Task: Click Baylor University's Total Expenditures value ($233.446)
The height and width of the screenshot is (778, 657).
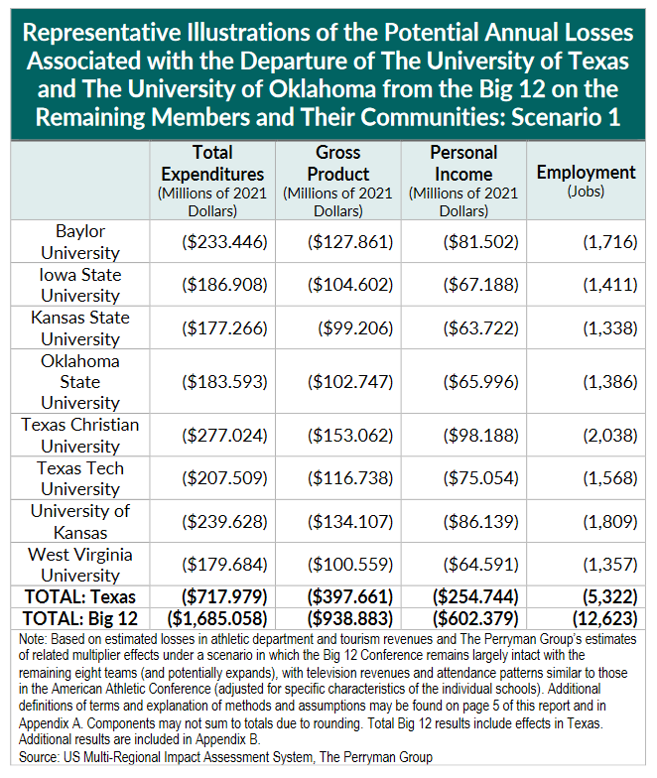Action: [225, 242]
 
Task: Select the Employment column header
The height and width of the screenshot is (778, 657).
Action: [586, 173]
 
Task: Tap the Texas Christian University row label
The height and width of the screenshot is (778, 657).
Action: [80, 435]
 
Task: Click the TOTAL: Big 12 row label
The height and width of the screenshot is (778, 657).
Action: [80, 618]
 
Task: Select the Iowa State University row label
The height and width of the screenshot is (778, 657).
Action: [80, 285]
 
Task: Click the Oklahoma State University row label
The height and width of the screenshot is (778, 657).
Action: [80, 382]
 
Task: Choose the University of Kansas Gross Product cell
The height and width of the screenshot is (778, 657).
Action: [350, 521]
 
